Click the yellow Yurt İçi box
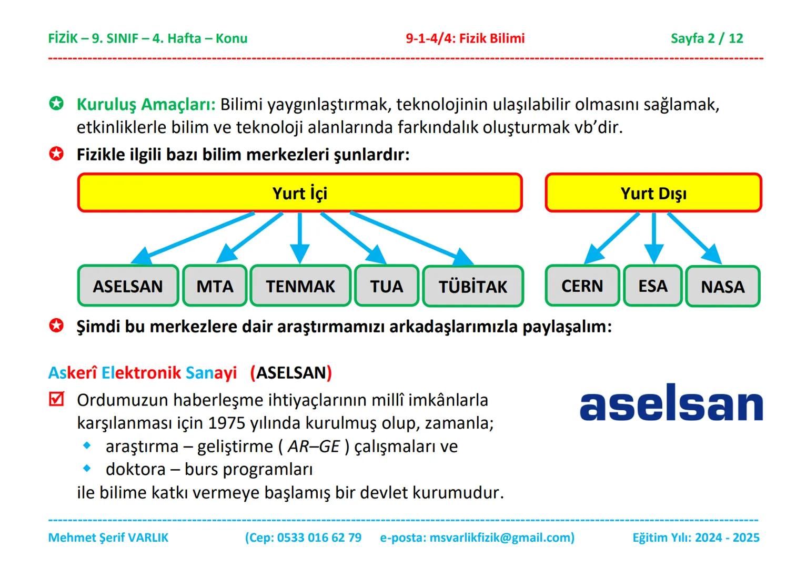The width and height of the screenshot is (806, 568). click(300, 192)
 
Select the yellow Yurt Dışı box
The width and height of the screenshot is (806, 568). click(653, 193)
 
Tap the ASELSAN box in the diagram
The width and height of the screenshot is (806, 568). click(128, 286)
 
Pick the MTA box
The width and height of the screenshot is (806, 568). click(215, 286)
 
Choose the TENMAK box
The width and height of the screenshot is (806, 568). click(300, 286)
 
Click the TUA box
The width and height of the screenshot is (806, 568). click(387, 286)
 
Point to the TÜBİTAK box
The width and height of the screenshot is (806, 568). click(473, 287)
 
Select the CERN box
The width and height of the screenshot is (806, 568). click(582, 286)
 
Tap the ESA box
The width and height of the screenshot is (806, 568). click(653, 286)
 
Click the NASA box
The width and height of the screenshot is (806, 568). click(723, 287)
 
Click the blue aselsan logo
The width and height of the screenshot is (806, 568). click(671, 402)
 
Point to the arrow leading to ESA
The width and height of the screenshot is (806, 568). click(653, 237)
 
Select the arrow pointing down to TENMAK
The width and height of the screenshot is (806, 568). click(300, 237)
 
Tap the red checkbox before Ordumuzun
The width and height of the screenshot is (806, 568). click(56, 399)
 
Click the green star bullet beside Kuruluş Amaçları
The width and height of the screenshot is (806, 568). click(56, 104)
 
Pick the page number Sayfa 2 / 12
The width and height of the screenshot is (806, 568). click(707, 38)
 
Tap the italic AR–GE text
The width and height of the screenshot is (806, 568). click(314, 446)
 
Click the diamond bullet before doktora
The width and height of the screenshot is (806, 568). click(87, 468)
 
